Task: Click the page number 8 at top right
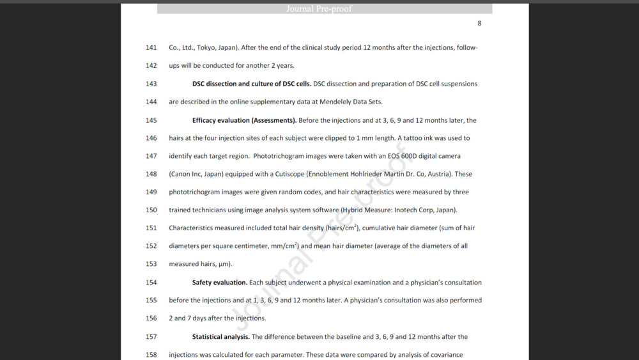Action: (x=479, y=24)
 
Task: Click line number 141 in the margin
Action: (x=151, y=48)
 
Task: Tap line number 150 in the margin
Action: (x=151, y=210)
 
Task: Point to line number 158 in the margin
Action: (x=151, y=355)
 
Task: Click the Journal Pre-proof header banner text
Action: (x=319, y=9)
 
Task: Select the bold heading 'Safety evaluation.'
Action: (x=220, y=283)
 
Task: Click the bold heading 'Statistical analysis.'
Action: (x=221, y=337)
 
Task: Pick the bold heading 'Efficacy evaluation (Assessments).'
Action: (x=244, y=120)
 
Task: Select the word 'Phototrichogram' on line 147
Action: (x=278, y=156)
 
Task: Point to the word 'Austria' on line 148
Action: (x=438, y=174)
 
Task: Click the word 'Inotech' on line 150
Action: (x=406, y=210)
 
